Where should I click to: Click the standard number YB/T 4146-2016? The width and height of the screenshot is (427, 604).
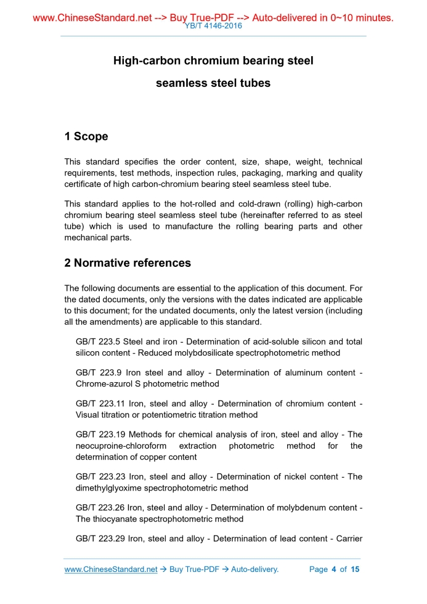(x=213, y=27)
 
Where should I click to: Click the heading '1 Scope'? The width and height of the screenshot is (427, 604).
(x=86, y=136)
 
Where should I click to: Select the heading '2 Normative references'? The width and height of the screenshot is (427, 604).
(x=128, y=263)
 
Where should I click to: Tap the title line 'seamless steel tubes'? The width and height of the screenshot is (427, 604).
(x=213, y=83)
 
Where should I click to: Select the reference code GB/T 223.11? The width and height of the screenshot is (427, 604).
(x=100, y=403)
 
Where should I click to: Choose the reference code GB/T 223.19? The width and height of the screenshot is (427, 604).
(x=100, y=435)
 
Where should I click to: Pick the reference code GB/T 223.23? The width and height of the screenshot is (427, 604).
(x=100, y=476)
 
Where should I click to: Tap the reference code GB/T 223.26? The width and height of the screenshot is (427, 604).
(x=100, y=507)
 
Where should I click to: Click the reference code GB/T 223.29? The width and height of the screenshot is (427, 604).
(x=100, y=539)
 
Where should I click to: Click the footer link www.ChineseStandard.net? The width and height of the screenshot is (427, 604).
(x=111, y=569)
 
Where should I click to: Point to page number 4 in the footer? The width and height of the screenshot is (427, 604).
(x=333, y=569)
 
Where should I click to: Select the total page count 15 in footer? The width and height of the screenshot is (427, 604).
(x=354, y=569)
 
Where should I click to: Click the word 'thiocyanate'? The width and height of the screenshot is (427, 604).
(x=115, y=518)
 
